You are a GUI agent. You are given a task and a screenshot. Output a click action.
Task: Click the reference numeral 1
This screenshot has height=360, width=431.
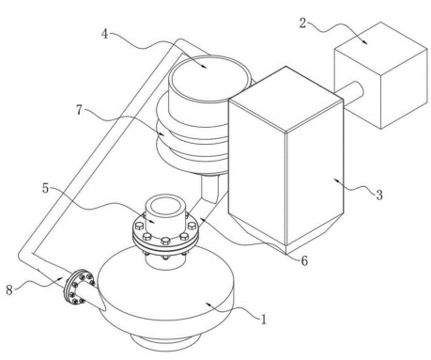(263, 320)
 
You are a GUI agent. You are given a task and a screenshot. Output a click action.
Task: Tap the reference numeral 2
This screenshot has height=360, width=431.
(302, 23)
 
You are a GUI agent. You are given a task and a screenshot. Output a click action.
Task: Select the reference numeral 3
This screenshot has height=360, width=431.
(379, 195)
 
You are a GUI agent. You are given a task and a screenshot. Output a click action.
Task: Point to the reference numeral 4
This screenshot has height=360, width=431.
(105, 34)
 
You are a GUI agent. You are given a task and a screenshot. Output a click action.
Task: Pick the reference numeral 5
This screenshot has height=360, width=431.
(46, 188)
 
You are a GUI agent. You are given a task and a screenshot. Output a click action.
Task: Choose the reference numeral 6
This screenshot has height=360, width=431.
(304, 260)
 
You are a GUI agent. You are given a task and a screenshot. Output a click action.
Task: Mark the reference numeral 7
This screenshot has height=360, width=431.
(80, 110)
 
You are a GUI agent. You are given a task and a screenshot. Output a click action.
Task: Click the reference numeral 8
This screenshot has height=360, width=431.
(9, 290)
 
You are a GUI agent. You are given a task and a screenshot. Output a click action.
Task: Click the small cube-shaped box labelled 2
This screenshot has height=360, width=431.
(381, 75)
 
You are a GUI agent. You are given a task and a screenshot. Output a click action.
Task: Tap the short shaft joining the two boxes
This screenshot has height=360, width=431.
(349, 90)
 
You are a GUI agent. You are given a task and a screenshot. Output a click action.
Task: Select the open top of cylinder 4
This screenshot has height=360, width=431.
(209, 77)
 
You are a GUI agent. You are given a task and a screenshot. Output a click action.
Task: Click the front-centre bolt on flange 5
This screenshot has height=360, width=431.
(165, 241)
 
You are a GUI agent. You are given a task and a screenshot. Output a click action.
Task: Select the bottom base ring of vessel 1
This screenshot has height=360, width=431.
(164, 340)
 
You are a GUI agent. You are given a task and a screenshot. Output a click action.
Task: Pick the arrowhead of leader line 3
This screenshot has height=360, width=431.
(336, 180)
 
